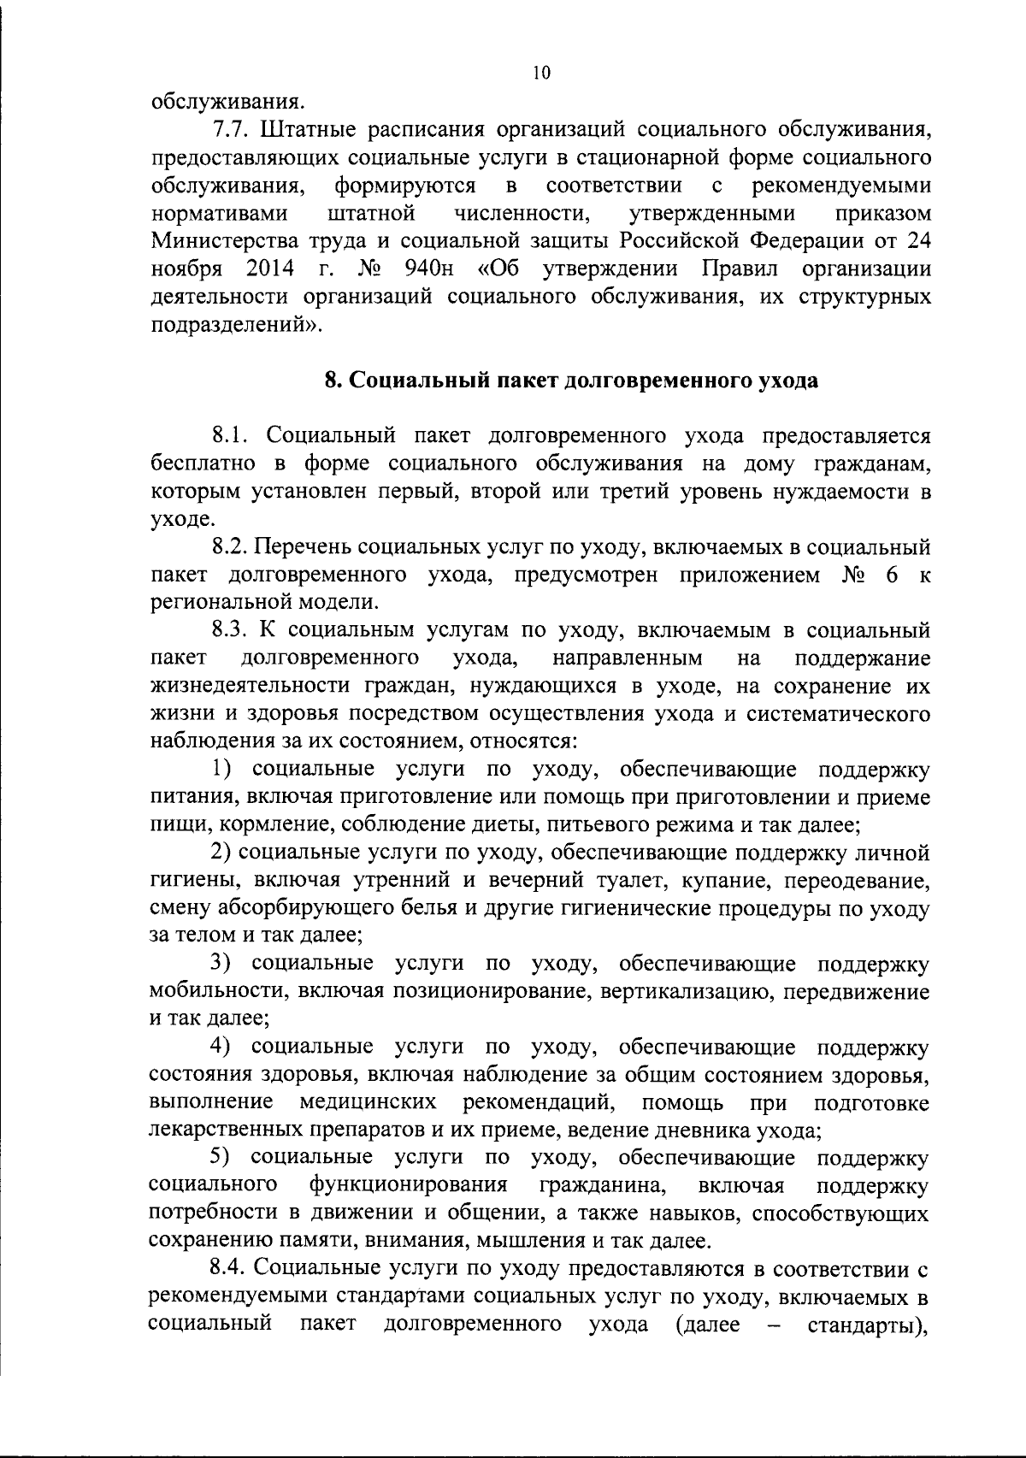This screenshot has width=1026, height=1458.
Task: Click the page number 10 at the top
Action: tap(540, 73)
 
